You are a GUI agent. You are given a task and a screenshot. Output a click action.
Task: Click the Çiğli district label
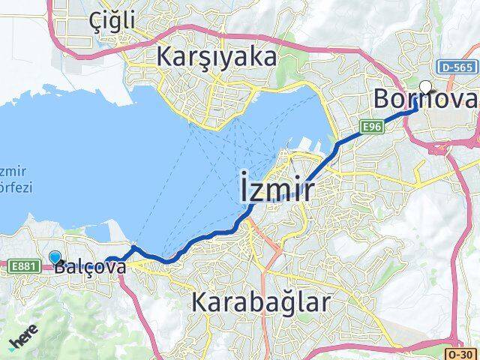[x=112, y=21]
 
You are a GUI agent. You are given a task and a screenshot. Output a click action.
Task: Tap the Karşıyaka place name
[x=217, y=57]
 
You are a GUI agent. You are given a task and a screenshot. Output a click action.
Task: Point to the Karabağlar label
[x=261, y=302]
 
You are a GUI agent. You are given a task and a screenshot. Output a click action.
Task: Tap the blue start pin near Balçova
[x=55, y=257]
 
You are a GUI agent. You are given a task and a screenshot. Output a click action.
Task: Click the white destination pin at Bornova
[x=426, y=87]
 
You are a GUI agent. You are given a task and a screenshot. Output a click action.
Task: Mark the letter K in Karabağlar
[x=200, y=302]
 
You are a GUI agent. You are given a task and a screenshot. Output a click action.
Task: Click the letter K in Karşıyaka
[x=165, y=57]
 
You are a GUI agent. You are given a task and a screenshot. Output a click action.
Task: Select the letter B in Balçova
[x=61, y=266]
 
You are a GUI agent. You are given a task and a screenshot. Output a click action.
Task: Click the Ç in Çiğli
[x=95, y=21]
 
